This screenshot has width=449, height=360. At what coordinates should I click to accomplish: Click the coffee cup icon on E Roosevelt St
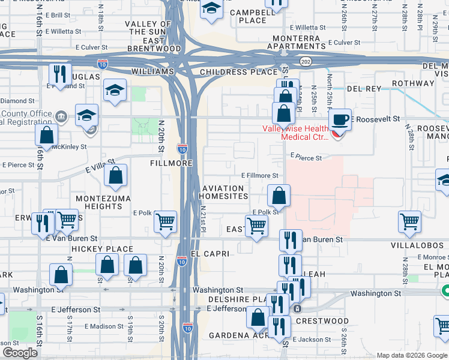pos(342,119)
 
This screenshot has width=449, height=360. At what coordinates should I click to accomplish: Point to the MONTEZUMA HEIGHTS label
pos(98,202)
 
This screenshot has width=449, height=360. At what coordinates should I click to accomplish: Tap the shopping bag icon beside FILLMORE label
pos(116,176)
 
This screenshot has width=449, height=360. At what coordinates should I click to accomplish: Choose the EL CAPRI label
pos(210,254)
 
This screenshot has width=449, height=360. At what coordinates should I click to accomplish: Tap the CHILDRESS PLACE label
pos(231,72)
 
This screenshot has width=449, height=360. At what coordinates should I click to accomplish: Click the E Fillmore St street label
pos(259,176)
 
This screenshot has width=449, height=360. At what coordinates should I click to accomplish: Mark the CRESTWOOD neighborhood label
pos(322,321)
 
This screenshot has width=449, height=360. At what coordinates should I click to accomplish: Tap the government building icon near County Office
pos(61,116)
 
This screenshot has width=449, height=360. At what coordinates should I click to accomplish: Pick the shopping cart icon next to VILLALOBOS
pos(409,222)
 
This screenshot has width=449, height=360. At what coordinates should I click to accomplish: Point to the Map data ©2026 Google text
pos(411,355)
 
